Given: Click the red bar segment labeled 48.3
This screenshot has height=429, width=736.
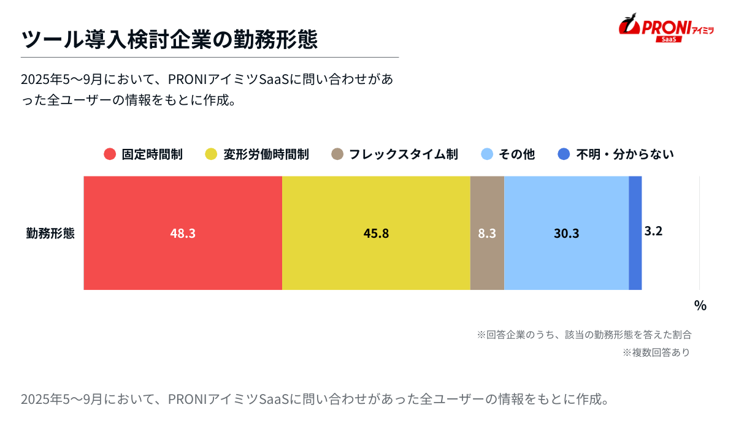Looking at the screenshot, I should click(x=183, y=233).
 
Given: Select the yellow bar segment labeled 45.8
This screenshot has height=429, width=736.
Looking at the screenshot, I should click(x=376, y=233).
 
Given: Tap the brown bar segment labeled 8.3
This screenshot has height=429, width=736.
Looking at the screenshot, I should click(x=487, y=233).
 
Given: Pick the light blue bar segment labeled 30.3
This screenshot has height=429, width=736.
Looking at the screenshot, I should click(x=566, y=233).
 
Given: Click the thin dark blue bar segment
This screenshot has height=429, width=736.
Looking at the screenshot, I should click(x=635, y=233).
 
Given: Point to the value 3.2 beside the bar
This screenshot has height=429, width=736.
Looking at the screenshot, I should click(x=653, y=231).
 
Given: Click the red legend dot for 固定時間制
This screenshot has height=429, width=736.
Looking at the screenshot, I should click(x=110, y=154).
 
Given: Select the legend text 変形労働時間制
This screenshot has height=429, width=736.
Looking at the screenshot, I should click(x=266, y=154).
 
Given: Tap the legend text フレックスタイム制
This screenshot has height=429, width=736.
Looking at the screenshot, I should click(x=403, y=154).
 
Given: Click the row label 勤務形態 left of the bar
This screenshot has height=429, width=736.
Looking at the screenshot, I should click(x=50, y=233).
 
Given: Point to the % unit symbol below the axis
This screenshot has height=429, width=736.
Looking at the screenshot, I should click(x=700, y=305).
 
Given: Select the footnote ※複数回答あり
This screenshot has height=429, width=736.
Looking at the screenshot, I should click(x=656, y=352).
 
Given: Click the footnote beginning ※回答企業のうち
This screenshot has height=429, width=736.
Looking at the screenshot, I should click(x=585, y=335).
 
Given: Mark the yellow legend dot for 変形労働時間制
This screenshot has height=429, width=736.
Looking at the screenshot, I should click(x=211, y=154).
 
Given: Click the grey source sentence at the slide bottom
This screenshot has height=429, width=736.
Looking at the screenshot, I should click(x=314, y=400).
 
